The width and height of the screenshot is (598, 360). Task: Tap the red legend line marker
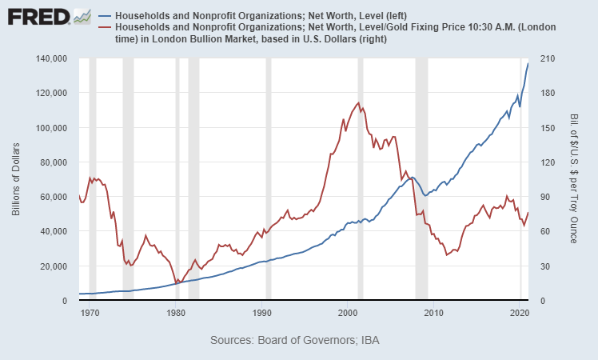tap(104, 28)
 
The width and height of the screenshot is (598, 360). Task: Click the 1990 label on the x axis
tap(265, 313)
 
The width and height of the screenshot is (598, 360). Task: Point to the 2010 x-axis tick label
tap(434, 313)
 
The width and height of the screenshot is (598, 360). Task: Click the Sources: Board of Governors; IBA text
tap(295, 341)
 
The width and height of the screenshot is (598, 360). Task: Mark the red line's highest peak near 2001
tap(358, 102)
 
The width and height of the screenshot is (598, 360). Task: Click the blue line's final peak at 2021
tap(528, 63)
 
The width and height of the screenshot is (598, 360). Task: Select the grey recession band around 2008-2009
tap(421, 179)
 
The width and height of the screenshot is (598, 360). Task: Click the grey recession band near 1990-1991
tap(269, 179)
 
